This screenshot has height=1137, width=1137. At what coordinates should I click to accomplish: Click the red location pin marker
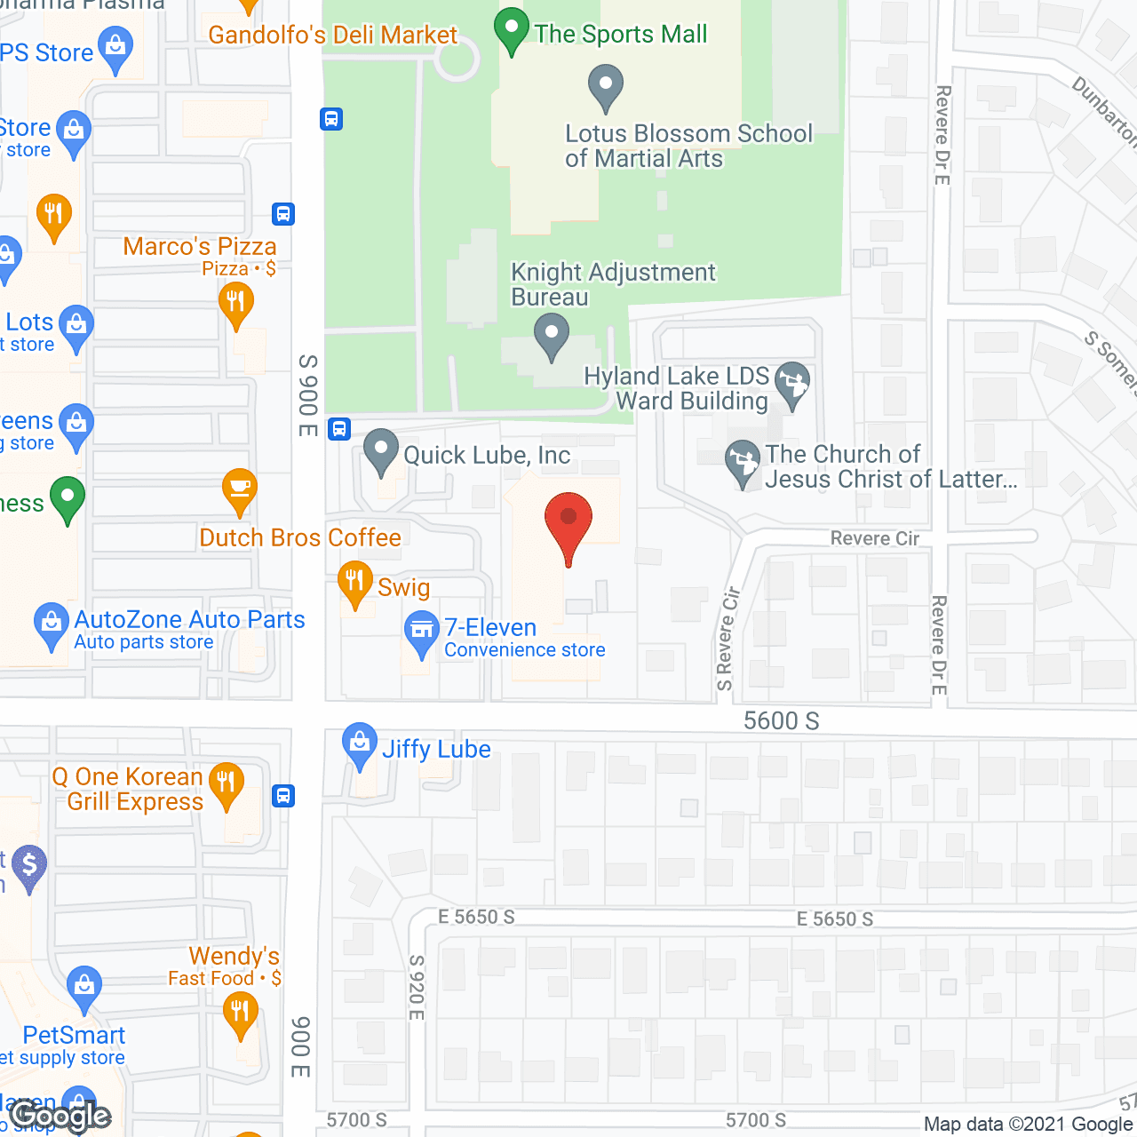pos(568,520)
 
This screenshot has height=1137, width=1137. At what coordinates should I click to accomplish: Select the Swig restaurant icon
pos(355,582)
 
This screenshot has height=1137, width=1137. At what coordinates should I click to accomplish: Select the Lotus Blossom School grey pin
pos(606,86)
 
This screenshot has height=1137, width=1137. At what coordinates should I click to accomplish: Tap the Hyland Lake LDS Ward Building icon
pos(792,383)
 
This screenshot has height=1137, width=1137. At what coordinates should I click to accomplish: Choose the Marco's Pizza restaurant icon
pos(235,302)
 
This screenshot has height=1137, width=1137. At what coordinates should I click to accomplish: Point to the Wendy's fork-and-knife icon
pos(240,1011)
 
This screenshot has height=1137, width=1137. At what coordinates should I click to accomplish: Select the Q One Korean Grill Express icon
pos(227,783)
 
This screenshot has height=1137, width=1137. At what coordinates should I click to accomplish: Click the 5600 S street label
pos(781,720)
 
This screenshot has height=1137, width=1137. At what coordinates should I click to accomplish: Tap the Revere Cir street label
pos(874,538)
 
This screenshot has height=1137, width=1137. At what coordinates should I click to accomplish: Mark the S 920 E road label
pos(417,987)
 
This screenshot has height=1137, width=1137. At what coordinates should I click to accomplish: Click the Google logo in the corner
pos(60,1116)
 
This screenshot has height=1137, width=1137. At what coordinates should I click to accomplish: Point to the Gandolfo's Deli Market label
pos(332,35)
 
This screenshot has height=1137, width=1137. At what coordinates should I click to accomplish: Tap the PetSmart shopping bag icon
pos(84,985)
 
